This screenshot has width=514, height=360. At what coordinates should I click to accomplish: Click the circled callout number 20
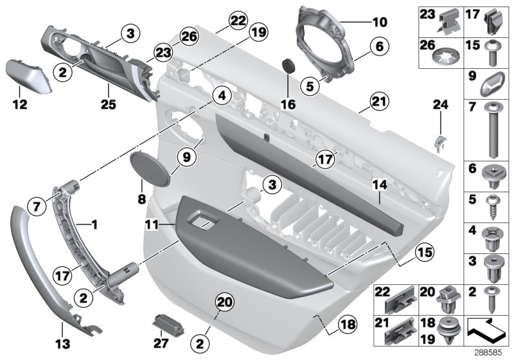pos(222,300)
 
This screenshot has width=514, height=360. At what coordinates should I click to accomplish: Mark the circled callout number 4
pos(221,96)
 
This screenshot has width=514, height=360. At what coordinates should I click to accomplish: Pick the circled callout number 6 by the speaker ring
pos(379,46)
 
